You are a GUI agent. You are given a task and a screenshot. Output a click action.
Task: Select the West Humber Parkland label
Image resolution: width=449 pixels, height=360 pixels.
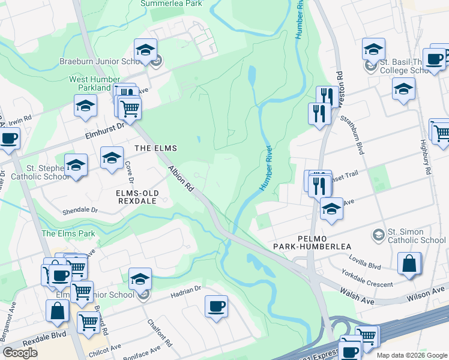coord(91,83)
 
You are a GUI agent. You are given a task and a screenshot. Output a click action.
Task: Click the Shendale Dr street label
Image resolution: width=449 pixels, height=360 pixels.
coord(80,211)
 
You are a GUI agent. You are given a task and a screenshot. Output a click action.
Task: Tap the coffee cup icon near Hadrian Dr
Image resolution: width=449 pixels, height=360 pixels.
coord(216,306)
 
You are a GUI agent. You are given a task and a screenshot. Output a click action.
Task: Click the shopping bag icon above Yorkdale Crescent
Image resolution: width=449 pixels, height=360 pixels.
coord(409,263)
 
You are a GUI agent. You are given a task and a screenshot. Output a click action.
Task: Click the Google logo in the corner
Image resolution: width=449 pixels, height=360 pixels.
coord(20,353)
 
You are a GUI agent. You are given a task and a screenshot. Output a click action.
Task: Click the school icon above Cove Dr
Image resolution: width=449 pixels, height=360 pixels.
coord(112,158)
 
